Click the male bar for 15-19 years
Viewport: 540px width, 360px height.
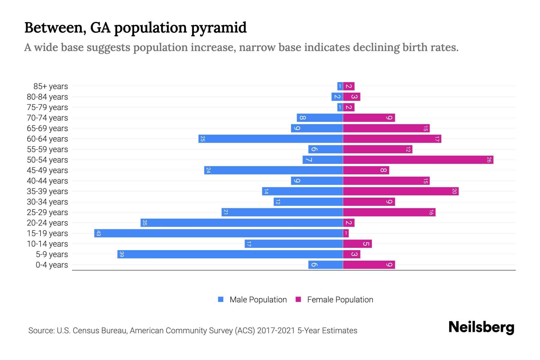click(218, 233)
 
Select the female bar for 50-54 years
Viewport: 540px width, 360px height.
click(418, 160)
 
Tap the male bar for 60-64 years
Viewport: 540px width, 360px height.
click(271, 139)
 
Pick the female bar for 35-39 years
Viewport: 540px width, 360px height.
click(400, 191)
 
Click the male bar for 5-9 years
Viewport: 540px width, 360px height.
click(230, 254)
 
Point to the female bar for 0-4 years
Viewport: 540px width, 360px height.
click(369, 265)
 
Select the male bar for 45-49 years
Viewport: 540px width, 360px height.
click(273, 170)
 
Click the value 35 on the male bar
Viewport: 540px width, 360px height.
click(145, 223)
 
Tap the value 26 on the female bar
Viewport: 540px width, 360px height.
click(489, 160)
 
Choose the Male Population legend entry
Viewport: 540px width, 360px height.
click(252, 299)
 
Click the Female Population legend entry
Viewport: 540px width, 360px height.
click(334, 299)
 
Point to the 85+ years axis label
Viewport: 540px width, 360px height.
click(50, 86)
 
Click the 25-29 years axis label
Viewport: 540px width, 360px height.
click(47, 212)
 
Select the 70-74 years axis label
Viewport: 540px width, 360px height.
click(47, 118)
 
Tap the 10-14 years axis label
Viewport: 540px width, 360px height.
click(47, 244)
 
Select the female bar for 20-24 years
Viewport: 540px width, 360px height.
click(349, 223)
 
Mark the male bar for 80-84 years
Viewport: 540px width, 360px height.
click(337, 97)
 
